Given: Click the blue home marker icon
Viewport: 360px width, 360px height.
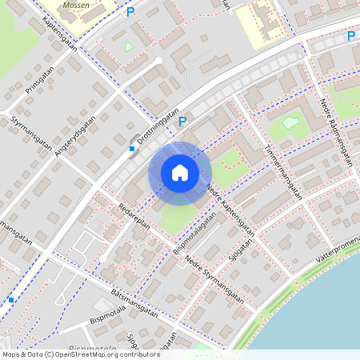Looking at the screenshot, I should (180, 172).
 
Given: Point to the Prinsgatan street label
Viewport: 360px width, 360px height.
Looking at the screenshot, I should (38, 79).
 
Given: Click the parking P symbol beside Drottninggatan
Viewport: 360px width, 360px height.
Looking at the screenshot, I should (182, 122).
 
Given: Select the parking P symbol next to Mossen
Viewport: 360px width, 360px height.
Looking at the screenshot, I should (130, 12).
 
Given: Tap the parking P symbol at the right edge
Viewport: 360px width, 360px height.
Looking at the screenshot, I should (350, 36).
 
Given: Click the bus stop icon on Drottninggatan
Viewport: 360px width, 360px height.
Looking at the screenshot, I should (132, 148).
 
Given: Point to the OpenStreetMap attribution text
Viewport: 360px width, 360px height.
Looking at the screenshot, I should (80, 354).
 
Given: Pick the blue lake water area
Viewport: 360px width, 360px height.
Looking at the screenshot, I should (320, 312).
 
